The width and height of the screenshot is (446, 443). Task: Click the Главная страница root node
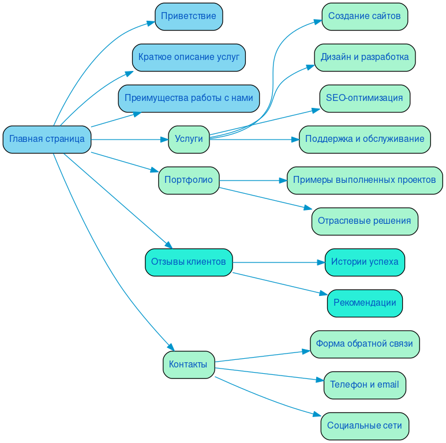(47, 139)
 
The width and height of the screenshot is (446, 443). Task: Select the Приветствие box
(189, 16)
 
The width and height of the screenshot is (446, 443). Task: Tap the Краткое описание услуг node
(189, 57)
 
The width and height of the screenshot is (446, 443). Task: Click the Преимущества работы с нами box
(189, 98)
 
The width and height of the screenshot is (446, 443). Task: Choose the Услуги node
(189, 139)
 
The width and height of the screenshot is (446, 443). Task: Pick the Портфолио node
(189, 180)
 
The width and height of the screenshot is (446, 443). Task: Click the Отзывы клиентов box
(189, 262)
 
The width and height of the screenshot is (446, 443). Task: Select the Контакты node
(189, 365)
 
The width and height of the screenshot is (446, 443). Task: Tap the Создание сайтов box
(365, 16)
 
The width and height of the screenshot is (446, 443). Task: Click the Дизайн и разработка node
(365, 57)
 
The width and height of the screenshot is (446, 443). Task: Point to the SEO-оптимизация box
(365, 98)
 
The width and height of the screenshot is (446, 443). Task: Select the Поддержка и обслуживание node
(365, 139)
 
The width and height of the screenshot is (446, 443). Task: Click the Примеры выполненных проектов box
(365, 180)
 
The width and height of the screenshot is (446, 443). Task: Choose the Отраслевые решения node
(365, 221)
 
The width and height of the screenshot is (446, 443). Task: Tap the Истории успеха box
(365, 262)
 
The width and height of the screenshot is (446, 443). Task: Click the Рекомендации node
(365, 303)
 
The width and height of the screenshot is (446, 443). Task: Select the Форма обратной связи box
(365, 344)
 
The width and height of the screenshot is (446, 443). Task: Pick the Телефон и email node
(365, 385)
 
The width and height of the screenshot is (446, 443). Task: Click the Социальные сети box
(365, 426)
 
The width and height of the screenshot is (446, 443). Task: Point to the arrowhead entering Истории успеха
(321, 262)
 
